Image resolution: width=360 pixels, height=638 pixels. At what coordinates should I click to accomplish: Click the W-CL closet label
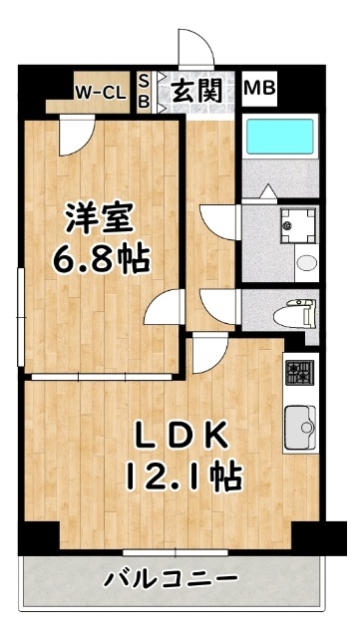tap(100, 93)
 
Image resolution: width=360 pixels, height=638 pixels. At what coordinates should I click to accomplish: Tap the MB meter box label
tap(260, 88)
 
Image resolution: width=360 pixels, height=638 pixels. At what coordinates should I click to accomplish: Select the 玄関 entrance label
tap(197, 91)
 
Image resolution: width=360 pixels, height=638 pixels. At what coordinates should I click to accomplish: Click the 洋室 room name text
tap(100, 216)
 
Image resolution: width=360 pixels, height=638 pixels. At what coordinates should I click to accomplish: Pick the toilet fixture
tap(295, 316)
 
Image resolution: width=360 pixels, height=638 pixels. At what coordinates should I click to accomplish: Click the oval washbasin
tap(306, 263)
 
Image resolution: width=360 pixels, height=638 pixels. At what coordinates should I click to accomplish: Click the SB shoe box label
tap(144, 91)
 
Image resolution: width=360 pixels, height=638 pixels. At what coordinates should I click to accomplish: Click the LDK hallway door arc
tap(207, 350)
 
